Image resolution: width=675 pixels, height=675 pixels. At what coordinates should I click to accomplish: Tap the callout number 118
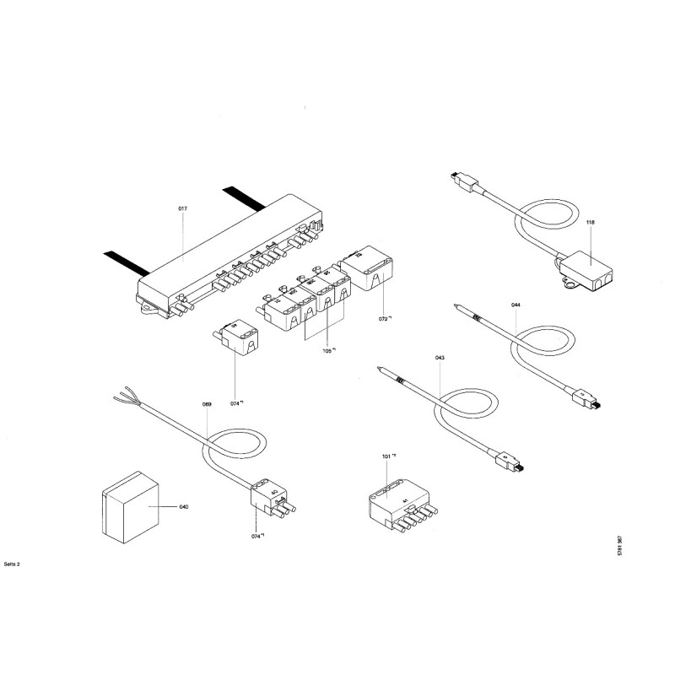click(x=591, y=222)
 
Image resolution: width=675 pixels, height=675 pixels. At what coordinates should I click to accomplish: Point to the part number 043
click(x=440, y=358)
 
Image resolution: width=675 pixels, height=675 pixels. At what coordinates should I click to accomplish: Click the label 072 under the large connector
click(x=385, y=321)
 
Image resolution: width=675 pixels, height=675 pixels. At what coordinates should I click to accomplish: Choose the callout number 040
click(x=183, y=507)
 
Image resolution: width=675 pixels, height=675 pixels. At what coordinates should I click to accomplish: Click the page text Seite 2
click(x=12, y=563)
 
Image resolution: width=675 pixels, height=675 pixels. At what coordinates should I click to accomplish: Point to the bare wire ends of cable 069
click(x=121, y=397)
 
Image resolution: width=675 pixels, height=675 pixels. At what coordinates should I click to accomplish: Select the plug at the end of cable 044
click(x=584, y=397)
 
